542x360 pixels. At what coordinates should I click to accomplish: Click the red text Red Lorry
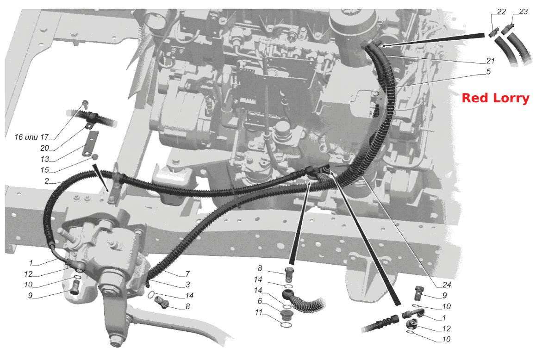(495, 98)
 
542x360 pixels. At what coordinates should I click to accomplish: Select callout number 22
(501, 12)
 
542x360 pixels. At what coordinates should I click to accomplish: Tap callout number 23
(523, 12)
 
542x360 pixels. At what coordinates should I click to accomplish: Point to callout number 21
(491, 61)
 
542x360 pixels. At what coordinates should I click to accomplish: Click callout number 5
(488, 72)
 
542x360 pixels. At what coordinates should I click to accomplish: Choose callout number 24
(447, 285)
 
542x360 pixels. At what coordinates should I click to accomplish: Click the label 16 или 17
(32, 137)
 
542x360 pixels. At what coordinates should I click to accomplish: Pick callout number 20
(44, 148)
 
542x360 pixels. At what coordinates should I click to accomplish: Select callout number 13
(44, 159)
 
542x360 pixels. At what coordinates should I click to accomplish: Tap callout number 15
(44, 170)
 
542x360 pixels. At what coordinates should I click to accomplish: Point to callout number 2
(47, 181)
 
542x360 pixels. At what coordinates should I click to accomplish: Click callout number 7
(188, 274)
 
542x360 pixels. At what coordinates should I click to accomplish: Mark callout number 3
(188, 285)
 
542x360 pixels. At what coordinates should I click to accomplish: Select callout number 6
(260, 301)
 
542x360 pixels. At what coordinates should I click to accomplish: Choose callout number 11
(259, 312)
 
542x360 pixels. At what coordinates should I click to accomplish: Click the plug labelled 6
(285, 315)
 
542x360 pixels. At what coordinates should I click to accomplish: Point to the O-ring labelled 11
(285, 325)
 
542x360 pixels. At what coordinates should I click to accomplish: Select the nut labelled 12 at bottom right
(411, 324)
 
